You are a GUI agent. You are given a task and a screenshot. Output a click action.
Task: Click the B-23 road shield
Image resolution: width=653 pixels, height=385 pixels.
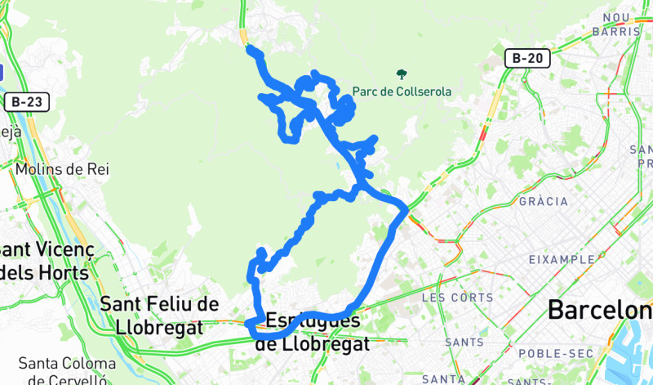tap(29, 102)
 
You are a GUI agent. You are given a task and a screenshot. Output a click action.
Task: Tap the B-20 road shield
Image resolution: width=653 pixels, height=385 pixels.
tap(527, 59)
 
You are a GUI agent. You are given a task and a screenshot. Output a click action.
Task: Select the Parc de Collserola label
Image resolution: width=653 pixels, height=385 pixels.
tap(402, 92)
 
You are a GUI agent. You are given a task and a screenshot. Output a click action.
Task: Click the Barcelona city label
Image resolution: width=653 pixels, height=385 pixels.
tap(600, 311)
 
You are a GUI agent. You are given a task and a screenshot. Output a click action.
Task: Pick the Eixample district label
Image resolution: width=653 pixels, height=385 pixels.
tap(562, 259)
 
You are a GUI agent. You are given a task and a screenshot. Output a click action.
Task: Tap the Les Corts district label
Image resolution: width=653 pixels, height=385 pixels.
tap(457, 298)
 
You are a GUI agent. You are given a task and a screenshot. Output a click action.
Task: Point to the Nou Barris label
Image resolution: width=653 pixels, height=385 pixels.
tap(621, 25)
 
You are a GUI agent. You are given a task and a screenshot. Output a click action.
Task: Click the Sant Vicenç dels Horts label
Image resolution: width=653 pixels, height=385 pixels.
tap(45, 260)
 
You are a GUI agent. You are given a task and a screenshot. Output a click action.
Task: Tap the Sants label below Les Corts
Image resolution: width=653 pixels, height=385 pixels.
tap(462, 342)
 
